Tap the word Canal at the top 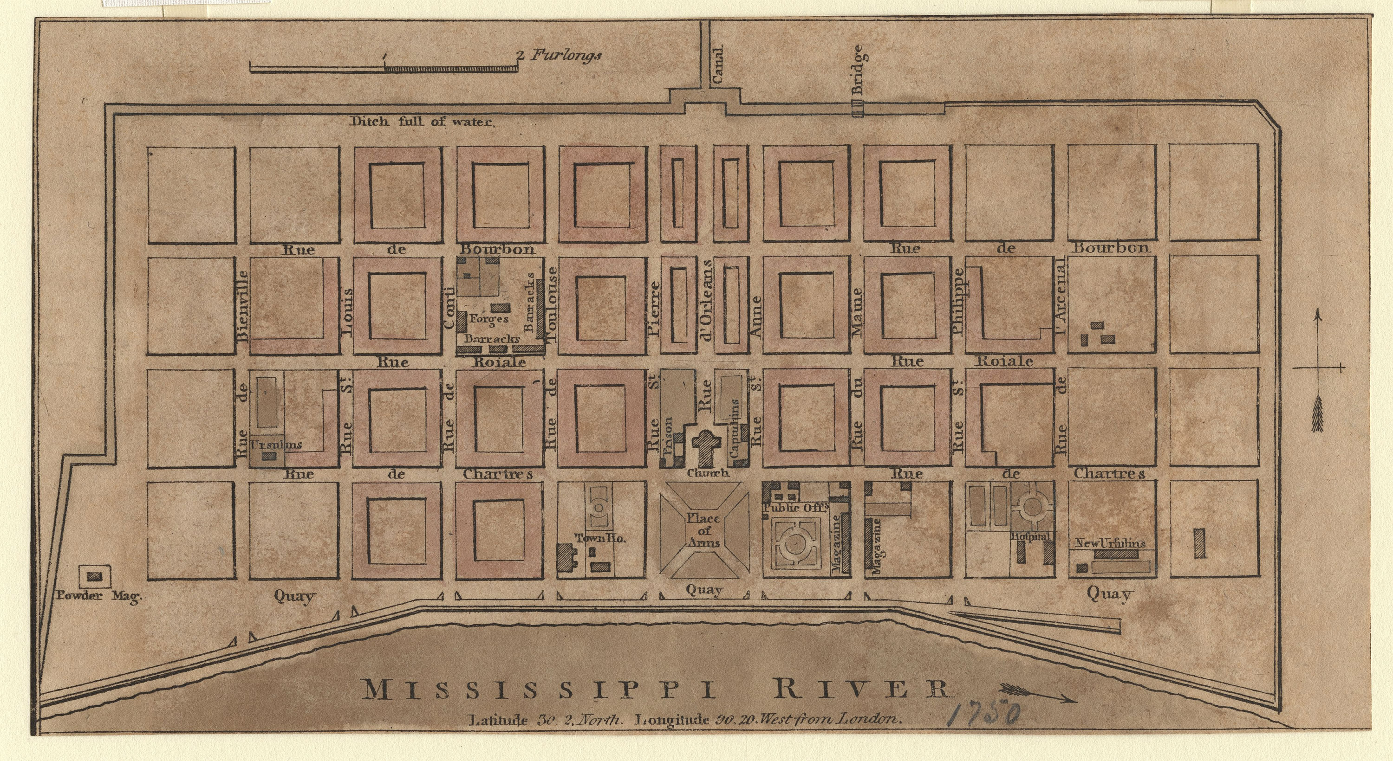(x=717, y=64)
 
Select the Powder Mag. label (x=99, y=596)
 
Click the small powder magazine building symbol (x=95, y=577)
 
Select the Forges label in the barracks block (x=489, y=318)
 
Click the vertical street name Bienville (x=242, y=305)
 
